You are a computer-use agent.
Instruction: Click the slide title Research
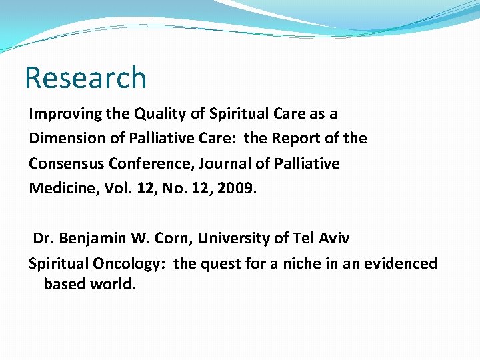(85, 78)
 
